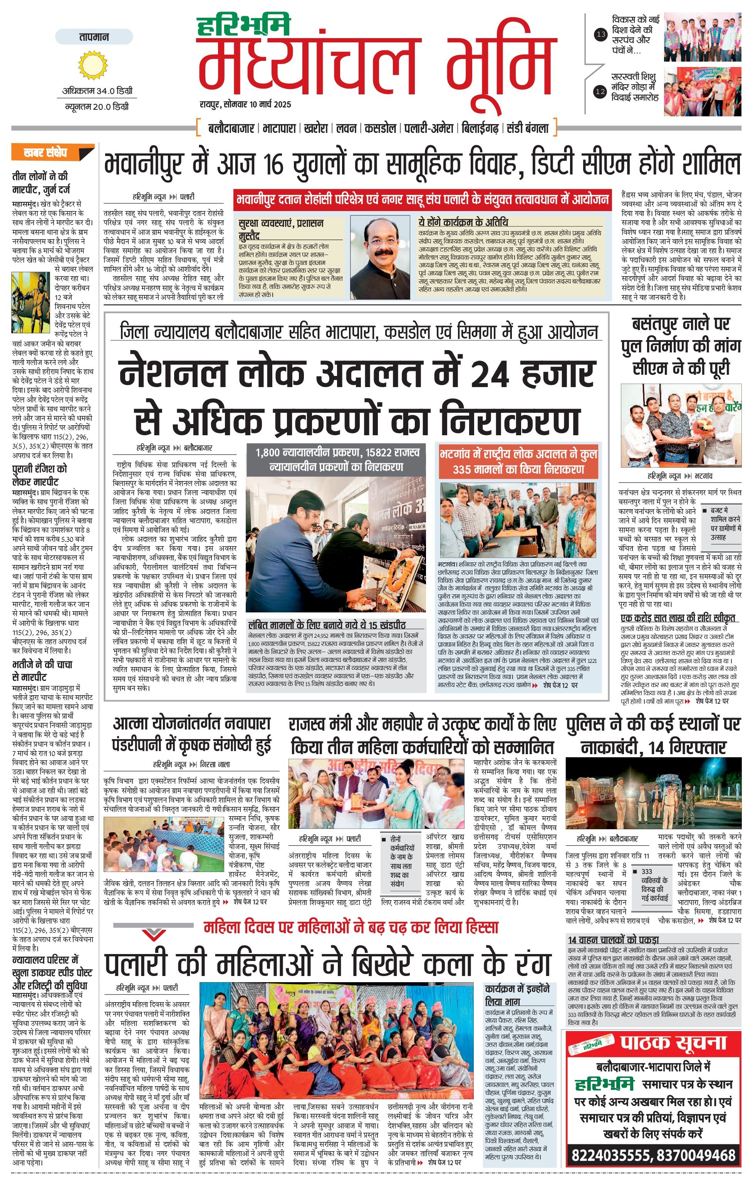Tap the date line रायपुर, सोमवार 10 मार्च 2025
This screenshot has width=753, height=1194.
[245, 105]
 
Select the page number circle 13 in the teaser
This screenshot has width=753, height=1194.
[601, 35]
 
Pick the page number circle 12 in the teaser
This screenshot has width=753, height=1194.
[601, 91]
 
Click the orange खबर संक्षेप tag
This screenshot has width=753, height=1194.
[52, 152]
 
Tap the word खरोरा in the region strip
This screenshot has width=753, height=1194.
[316, 128]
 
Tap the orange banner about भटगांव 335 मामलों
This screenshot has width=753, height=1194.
[518, 461]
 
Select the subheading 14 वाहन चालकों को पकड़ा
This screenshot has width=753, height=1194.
[613, 940]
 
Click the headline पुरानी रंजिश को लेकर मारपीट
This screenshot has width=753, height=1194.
[39, 475]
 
